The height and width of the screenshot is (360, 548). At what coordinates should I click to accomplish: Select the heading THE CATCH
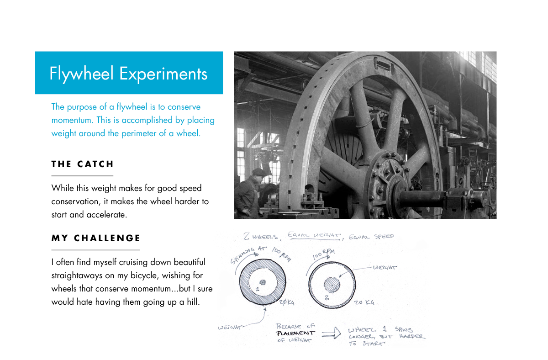pyautogui.click(x=83, y=164)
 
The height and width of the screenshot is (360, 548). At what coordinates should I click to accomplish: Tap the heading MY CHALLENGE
pyautogui.click(x=96, y=238)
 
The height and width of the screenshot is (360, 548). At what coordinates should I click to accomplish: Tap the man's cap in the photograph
pyautogui.click(x=259, y=172)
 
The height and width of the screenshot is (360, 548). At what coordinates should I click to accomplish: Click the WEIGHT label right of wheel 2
pyautogui.click(x=385, y=268)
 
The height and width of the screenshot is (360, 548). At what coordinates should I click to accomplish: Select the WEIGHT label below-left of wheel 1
pyautogui.click(x=229, y=328)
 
